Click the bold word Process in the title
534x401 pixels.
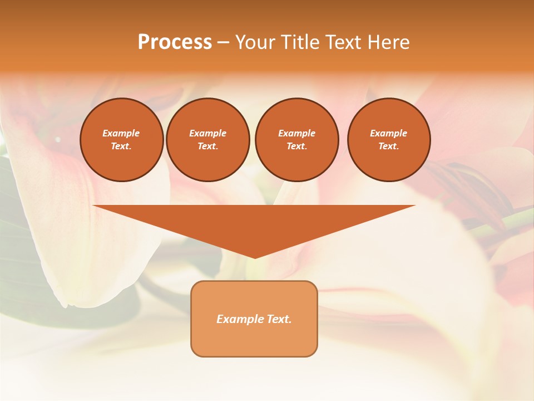click(x=175, y=42)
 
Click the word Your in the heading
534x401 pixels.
click(x=255, y=42)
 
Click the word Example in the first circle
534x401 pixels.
click(x=121, y=133)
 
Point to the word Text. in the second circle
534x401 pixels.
click(x=208, y=146)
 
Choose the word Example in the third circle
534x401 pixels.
click(x=297, y=133)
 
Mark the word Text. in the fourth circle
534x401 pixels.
click(x=389, y=146)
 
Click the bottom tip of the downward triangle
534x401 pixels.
click(x=255, y=257)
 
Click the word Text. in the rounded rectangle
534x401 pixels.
click(x=278, y=319)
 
